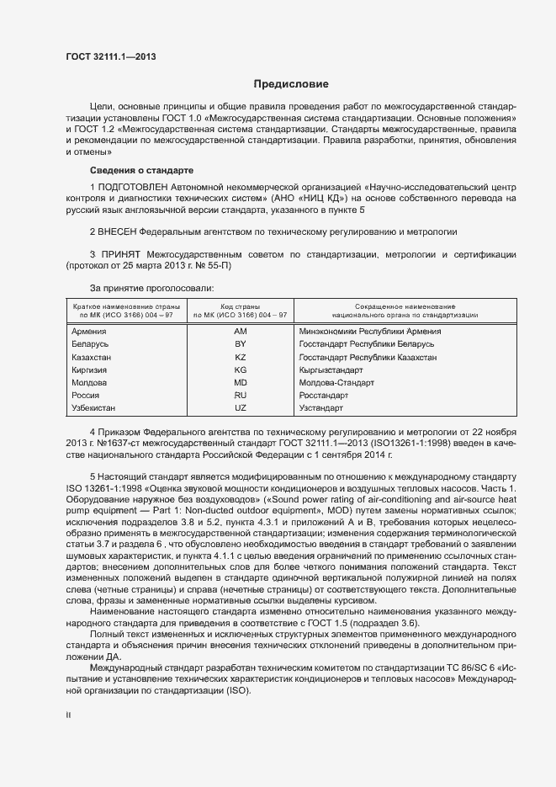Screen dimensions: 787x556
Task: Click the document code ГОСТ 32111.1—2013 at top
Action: pos(110,56)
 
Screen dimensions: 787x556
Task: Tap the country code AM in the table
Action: pos(241,332)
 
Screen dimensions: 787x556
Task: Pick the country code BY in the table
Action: pos(241,344)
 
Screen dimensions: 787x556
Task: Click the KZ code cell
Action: pos(241,357)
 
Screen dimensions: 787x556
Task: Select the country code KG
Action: pos(241,370)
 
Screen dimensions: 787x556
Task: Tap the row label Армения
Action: pos(90,332)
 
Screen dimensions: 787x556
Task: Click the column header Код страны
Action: pos(240,306)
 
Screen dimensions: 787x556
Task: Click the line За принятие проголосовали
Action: pos(140,288)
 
